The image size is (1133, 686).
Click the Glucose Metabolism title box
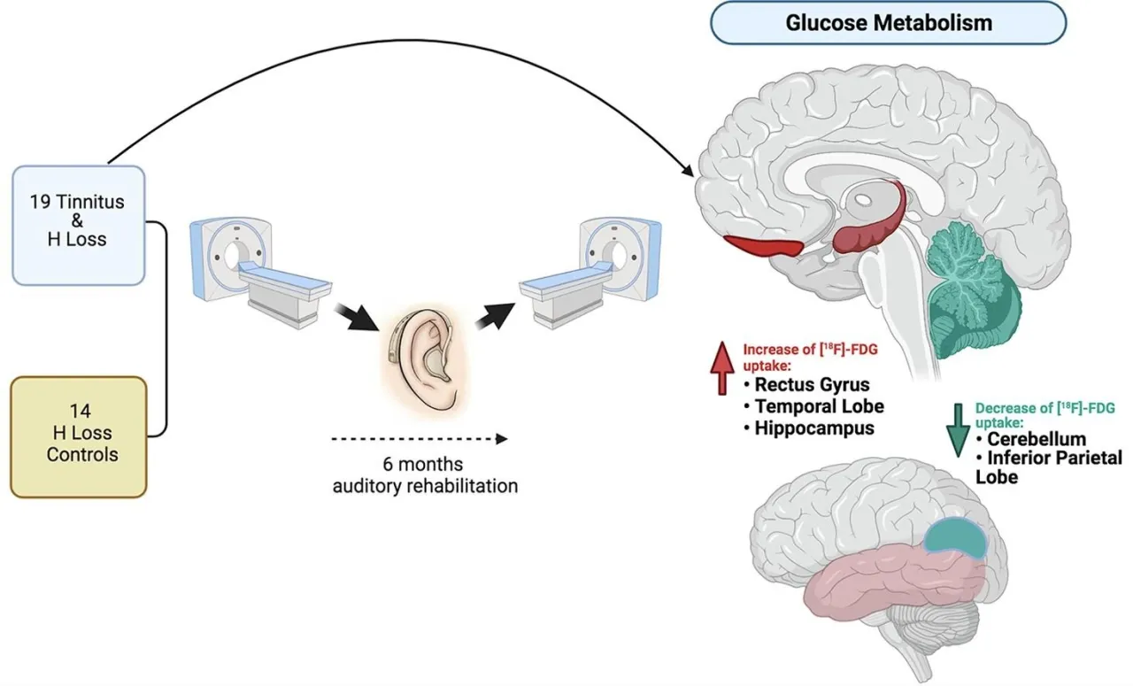pos(888,22)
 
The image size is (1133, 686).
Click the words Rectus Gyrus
pos(812,385)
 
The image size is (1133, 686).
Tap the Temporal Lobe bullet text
pos(819,406)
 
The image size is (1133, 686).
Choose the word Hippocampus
pos(814,428)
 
